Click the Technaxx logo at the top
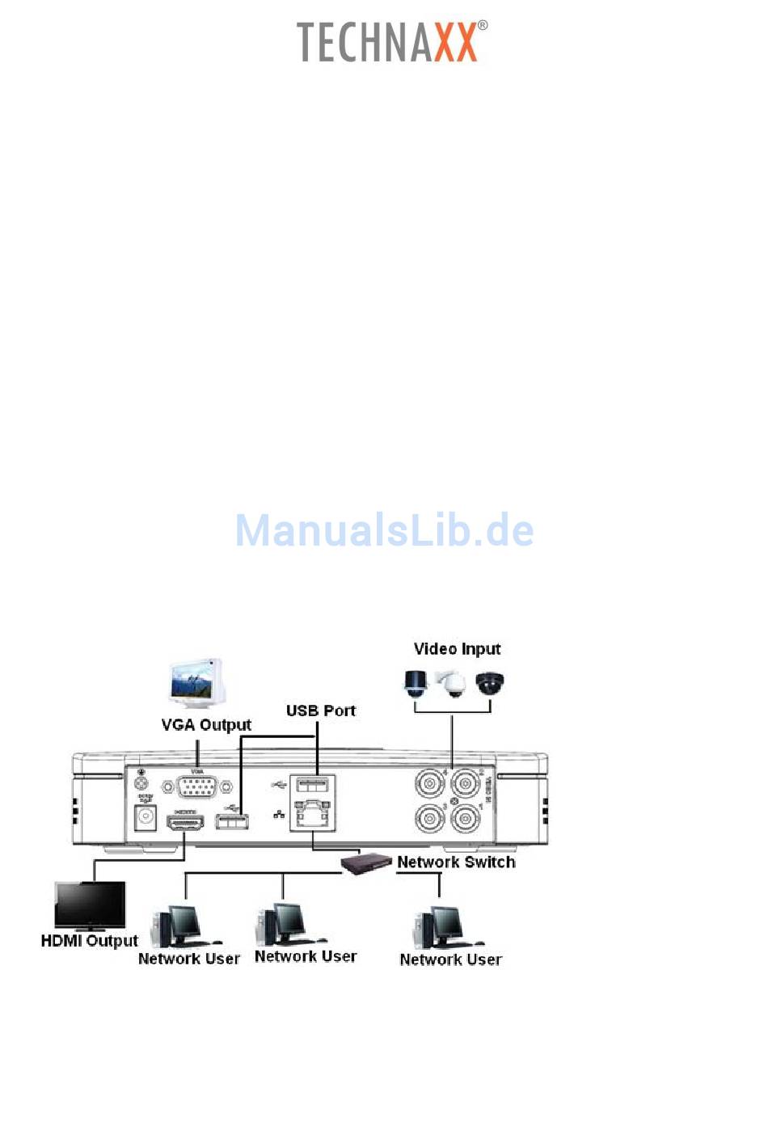point(392,42)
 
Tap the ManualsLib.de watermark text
point(384,530)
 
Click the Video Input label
point(457,648)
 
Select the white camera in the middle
point(451,684)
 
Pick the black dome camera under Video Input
point(489,683)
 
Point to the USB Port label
point(320,711)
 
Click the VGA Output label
point(206,724)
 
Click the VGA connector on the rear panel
point(196,786)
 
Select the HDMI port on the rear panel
point(185,823)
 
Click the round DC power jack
point(146,818)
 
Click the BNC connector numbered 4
point(430,784)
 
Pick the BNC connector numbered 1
point(466,819)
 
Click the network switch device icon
point(365,862)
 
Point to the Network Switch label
point(456,862)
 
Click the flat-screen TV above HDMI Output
point(90,905)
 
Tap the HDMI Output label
point(89,941)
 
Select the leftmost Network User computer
point(181,926)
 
